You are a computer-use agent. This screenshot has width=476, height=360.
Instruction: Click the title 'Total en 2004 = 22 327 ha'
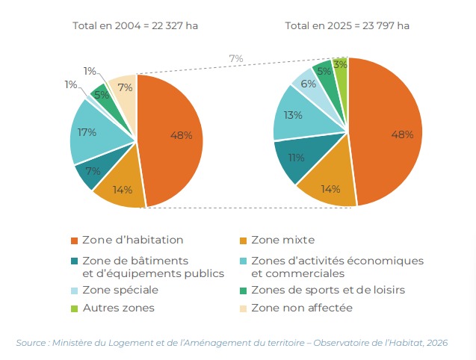[135, 25]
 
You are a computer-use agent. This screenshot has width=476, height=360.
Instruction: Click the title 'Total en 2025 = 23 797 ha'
[347, 25]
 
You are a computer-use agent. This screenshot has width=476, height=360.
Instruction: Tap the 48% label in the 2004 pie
[182, 135]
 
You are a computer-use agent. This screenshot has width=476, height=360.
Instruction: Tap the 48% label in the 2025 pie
[403, 134]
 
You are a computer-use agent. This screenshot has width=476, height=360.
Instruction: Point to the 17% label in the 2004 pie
[87, 133]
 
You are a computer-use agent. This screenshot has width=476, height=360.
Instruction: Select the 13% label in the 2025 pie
[294, 115]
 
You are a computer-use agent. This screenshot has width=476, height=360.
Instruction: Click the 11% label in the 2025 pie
[297, 158]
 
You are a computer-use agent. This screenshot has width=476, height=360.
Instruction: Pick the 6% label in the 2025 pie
[309, 84]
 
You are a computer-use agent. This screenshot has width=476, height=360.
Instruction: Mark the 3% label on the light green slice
[340, 65]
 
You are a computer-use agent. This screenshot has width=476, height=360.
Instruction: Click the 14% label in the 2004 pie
[123, 189]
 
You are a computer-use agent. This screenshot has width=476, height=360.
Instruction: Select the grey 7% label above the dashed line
[236, 58]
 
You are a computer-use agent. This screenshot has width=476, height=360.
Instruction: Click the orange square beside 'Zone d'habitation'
[74, 240]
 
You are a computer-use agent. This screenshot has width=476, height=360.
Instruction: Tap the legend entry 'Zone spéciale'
[120, 290]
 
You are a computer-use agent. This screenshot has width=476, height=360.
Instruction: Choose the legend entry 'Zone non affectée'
[302, 308]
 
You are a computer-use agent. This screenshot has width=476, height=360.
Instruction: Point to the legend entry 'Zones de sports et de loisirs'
[328, 290]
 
